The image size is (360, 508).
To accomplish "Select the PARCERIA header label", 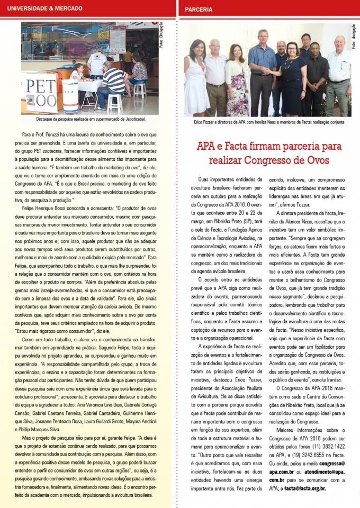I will (199, 9).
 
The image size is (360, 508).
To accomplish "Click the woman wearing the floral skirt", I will (236, 79).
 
